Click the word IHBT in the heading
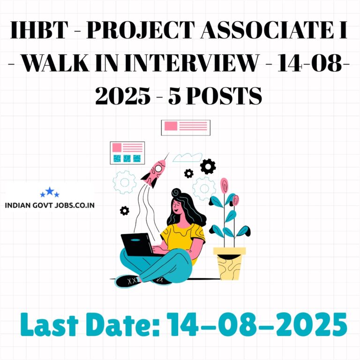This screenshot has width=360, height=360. (x=39, y=30)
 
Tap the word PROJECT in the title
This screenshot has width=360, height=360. (x=141, y=30)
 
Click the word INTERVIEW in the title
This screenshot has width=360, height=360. (x=192, y=63)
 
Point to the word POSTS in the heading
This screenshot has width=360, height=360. (x=224, y=96)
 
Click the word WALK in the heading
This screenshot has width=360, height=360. (x=55, y=63)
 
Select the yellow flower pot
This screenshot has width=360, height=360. (x=229, y=263)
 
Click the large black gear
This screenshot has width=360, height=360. (x=208, y=166)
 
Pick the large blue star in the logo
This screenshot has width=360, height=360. (x=50, y=191)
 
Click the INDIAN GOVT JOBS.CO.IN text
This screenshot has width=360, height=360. (x=50, y=205)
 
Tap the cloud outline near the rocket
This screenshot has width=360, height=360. (x=187, y=157)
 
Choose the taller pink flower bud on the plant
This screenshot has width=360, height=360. (x=224, y=186)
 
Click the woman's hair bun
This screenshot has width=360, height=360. (x=176, y=192)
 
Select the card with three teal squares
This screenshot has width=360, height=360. (x=127, y=153)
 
